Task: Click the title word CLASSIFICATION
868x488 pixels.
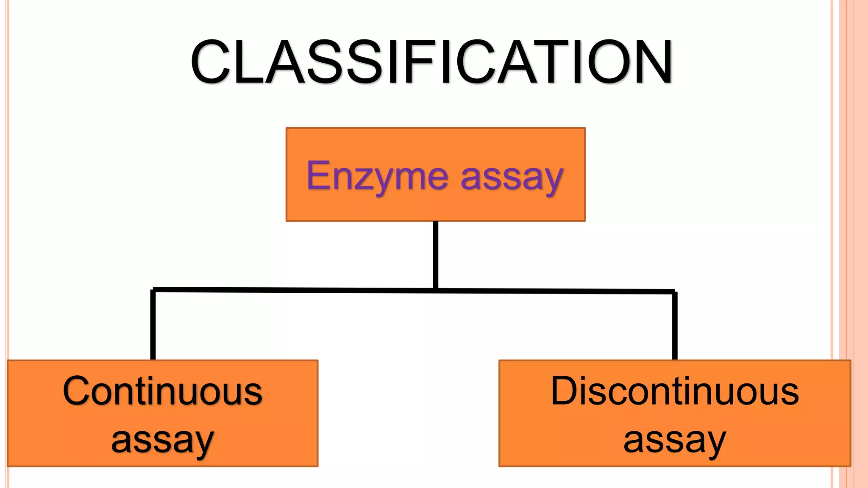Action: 431,62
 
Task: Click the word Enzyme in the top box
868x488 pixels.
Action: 377,176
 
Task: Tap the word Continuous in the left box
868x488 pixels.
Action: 162,391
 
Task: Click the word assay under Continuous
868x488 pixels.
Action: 162,441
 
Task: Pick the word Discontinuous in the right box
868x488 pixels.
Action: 675,391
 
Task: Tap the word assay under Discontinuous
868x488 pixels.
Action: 675,441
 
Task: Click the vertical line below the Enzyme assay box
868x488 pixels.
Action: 436,254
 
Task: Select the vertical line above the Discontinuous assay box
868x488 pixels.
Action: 675,326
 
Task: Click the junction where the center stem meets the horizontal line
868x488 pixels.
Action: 436,291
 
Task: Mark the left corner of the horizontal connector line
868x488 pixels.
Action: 153,290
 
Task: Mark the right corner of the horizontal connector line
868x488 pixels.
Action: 674,292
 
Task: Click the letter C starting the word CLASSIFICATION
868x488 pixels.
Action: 211,62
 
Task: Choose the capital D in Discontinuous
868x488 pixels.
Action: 565,391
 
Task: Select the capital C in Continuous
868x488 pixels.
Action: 79,391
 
